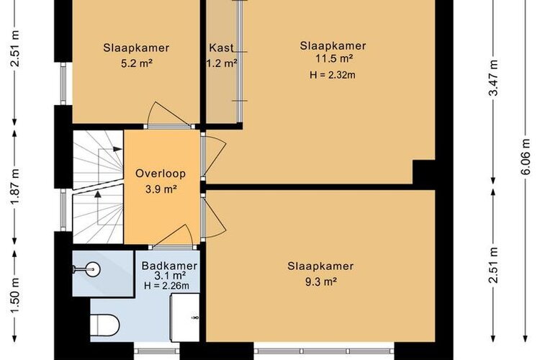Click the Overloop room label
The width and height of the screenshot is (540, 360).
(161, 174)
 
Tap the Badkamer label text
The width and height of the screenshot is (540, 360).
(169, 266)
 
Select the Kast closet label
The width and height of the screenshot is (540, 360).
(222, 48)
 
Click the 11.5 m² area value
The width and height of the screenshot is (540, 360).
(334, 58)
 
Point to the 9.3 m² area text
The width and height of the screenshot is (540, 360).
(320, 282)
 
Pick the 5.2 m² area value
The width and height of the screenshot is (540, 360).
(137, 63)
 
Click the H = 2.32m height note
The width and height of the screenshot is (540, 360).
(333, 75)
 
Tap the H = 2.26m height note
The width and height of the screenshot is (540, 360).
(167, 285)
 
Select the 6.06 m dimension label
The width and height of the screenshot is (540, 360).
(526, 157)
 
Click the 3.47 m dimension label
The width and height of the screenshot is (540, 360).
(493, 78)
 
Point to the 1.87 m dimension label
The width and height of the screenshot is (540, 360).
(14, 186)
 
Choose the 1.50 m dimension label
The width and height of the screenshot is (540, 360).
(14, 296)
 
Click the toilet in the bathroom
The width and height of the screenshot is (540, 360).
(104, 325)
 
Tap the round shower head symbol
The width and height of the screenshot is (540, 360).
(93, 269)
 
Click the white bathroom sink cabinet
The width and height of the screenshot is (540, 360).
(185, 318)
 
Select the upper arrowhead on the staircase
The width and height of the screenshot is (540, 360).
(117, 149)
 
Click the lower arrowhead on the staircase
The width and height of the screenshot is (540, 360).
(98, 194)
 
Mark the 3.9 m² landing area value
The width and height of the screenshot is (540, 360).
(161, 189)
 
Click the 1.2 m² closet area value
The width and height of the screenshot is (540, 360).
(222, 63)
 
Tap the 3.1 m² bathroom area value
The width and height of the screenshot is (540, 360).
(170, 275)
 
